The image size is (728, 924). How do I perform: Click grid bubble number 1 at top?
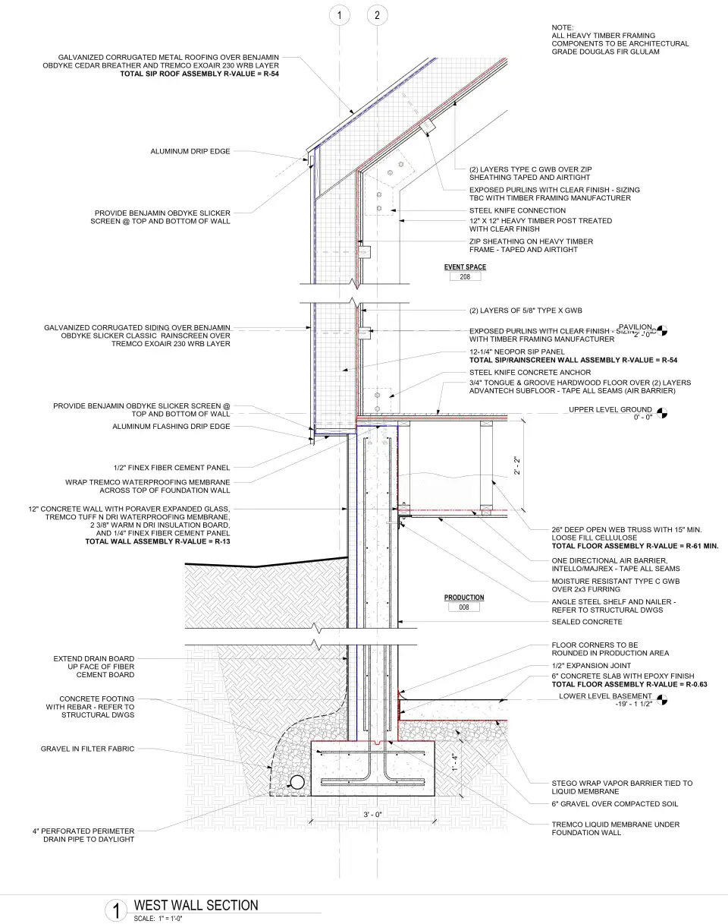tap(340, 15)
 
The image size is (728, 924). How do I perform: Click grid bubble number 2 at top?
tap(377, 15)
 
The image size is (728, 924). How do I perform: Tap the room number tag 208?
tap(465, 278)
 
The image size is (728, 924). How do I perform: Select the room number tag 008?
tap(464, 607)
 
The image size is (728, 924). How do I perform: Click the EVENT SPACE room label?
tap(465, 267)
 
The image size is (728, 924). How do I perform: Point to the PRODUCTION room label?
tap(464, 598)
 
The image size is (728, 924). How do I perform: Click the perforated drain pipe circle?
tap(297, 782)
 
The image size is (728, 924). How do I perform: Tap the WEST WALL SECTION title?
tap(196, 905)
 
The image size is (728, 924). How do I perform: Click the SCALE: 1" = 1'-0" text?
tap(158, 919)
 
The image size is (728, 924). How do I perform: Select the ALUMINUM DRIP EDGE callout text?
tap(190, 152)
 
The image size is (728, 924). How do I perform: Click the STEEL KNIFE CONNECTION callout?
tap(517, 210)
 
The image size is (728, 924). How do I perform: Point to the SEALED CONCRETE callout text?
tap(586, 622)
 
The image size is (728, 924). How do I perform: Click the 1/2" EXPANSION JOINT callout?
tap(588, 666)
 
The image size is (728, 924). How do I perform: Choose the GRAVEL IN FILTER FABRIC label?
tap(87, 749)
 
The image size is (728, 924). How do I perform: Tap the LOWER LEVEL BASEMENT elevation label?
tap(605, 695)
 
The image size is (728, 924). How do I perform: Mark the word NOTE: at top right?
tap(563, 27)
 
